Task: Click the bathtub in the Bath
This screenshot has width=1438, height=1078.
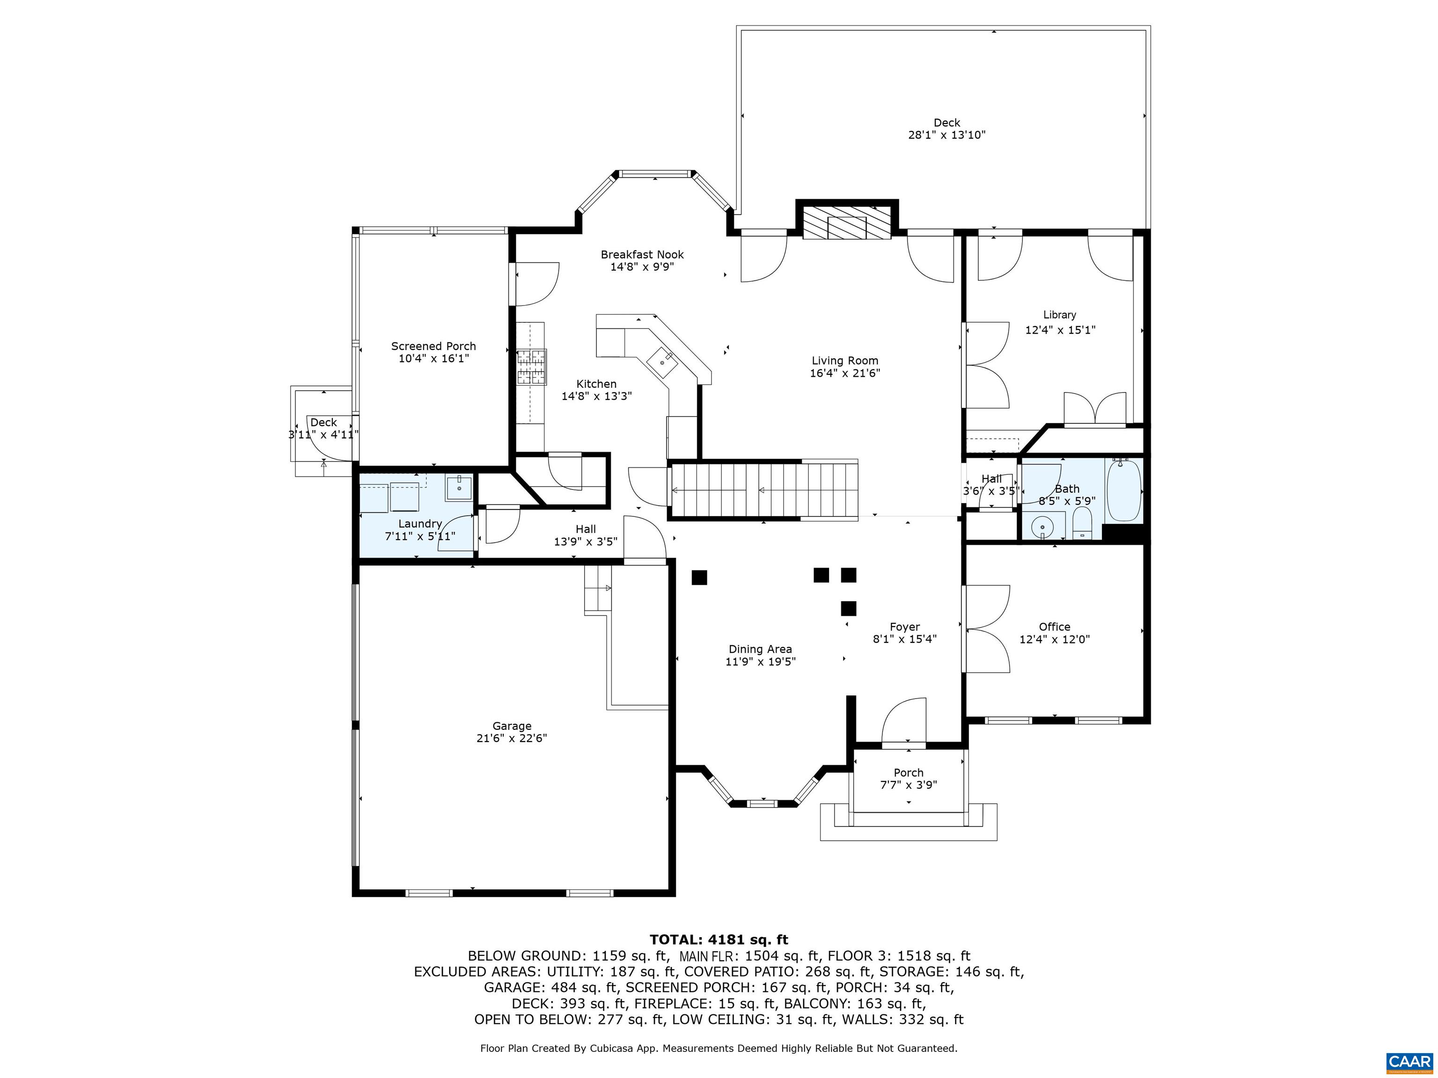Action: [1124, 491]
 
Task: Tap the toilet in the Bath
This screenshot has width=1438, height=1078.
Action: [1082, 523]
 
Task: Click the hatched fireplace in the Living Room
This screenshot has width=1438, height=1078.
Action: [847, 223]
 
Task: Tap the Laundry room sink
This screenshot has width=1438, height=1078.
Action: [459, 488]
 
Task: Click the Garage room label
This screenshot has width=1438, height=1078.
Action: [512, 726]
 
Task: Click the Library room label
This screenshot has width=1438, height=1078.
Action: [1060, 314]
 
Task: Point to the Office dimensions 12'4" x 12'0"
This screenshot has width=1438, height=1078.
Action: [1055, 639]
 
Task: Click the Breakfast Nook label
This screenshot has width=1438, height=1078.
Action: [642, 255]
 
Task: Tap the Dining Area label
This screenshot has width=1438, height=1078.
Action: [760, 648]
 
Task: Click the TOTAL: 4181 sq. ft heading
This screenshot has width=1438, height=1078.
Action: [719, 939]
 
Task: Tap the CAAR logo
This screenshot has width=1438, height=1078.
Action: [1409, 1061]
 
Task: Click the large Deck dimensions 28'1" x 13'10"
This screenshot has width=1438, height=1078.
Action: [946, 135]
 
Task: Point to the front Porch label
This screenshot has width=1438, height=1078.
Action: [908, 772]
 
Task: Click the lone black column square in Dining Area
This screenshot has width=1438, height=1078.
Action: [699, 577]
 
